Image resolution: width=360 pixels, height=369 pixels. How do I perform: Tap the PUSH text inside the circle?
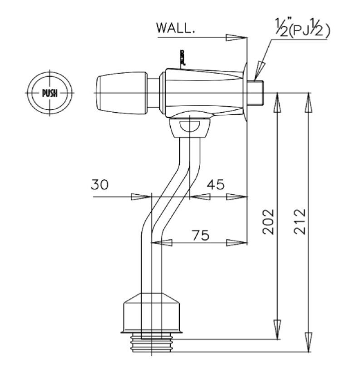coord(49,93)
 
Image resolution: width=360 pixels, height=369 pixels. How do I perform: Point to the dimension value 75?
coord(200,235)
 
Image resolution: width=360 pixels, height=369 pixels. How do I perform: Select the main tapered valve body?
coord(202,91)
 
